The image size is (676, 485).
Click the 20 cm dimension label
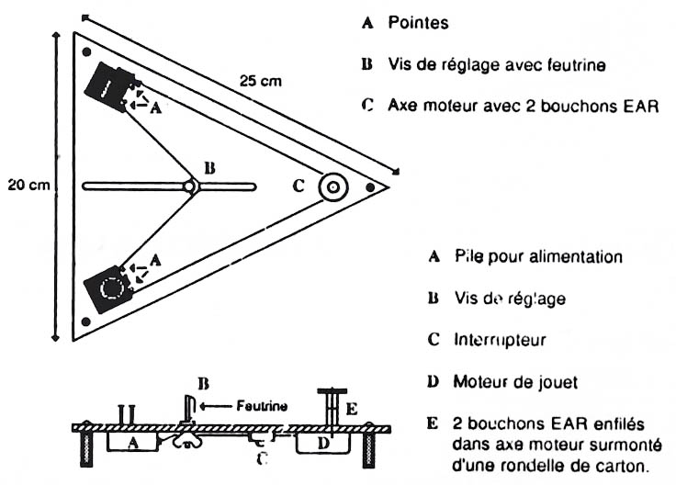pos(28,185)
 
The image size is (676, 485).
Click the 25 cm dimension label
pos(261,81)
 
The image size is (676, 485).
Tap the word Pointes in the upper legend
pos(418,22)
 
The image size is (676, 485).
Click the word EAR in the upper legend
pos(641,106)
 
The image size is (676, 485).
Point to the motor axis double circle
pos(333,187)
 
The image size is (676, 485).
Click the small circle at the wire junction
pos(189,186)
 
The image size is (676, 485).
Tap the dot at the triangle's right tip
pos(370,187)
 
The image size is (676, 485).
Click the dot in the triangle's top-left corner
pos(86,52)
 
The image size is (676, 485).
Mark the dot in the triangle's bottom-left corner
pos(85,321)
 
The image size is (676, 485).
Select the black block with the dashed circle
pos(108,288)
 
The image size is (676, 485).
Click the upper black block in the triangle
pos(111,87)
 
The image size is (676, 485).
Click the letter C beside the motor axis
pos(299,186)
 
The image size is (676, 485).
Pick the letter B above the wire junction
pos(209,168)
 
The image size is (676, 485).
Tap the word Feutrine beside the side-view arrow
pos(262,406)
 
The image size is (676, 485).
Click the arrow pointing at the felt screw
pos(216,406)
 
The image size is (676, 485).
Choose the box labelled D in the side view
pos(323,442)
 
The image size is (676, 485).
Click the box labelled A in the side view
pos(133,442)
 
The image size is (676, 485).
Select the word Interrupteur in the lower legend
pos(500,340)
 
